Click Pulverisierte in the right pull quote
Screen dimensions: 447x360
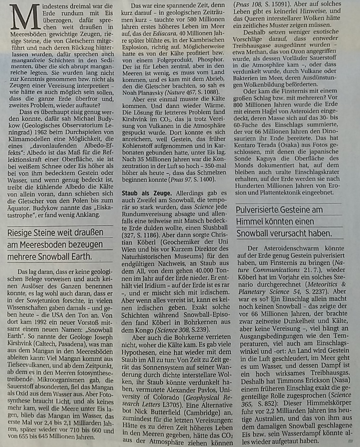point(263,210)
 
